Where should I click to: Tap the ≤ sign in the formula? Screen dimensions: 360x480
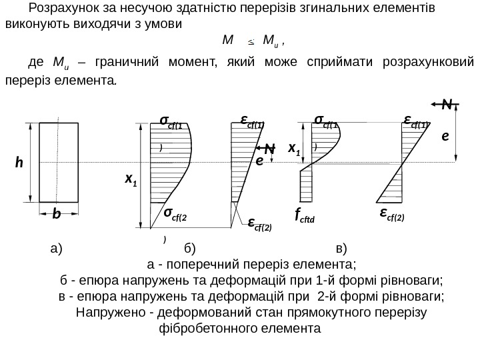tap(251, 41)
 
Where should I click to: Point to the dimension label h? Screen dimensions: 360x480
tap(19, 162)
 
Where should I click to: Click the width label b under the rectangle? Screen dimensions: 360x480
tap(56, 215)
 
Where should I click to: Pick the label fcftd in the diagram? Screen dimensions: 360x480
tap(306, 215)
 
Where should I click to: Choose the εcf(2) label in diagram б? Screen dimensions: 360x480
tap(259, 224)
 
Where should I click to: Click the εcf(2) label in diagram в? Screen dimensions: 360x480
tap(392, 213)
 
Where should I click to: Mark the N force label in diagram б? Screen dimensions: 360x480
tap(269, 148)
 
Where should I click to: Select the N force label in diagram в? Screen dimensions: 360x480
tap(450, 105)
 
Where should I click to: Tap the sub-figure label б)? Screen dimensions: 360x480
tap(189, 249)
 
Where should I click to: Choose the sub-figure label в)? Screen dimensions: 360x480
tap(342, 249)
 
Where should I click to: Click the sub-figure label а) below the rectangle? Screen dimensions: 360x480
tap(55, 249)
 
